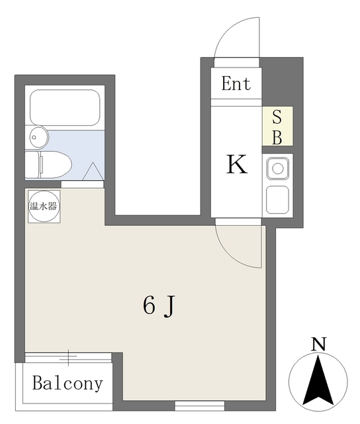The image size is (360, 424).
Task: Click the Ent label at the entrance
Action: [236, 83]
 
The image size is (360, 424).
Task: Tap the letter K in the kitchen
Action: [237, 164]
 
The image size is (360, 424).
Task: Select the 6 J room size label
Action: [159, 305]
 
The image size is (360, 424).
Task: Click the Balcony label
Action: [67, 383]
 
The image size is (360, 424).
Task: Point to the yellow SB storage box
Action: [277, 127]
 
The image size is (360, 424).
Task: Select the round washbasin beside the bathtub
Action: [39, 138]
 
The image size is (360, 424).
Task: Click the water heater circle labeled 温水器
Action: [43, 205]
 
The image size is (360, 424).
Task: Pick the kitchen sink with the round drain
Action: [277, 168]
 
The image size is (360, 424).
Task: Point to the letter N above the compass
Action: [319, 344]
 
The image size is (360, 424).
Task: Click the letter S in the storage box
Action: [277, 117]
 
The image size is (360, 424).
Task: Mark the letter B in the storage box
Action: [277, 137]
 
